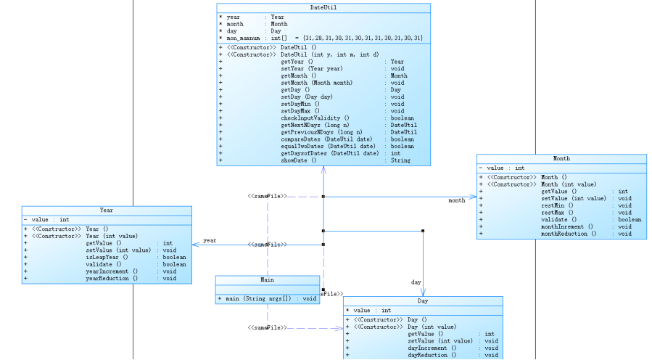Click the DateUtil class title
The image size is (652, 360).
coord(323,8)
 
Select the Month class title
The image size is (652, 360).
coord(561,158)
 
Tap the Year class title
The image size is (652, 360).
coord(107,210)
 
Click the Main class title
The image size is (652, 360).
coord(267,280)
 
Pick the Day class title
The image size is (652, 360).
coord(423,301)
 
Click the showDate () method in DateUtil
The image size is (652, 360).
coord(299,160)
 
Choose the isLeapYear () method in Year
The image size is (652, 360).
coord(107,257)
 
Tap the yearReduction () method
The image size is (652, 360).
coord(112,278)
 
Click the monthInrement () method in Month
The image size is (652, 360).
coord(568,226)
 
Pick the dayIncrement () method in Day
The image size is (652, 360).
coord(433,348)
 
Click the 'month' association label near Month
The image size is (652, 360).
coord(457,201)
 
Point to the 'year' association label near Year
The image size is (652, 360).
coord(210,240)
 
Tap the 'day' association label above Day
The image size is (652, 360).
coord(416,282)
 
